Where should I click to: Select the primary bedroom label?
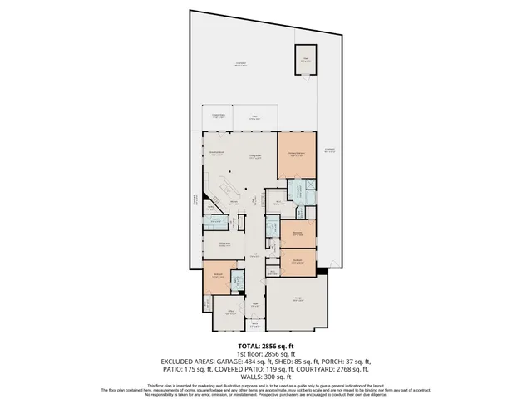tap(297, 154)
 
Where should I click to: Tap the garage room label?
tap(297, 300)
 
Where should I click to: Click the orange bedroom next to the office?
tap(216, 277)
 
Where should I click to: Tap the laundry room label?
tap(215, 220)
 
